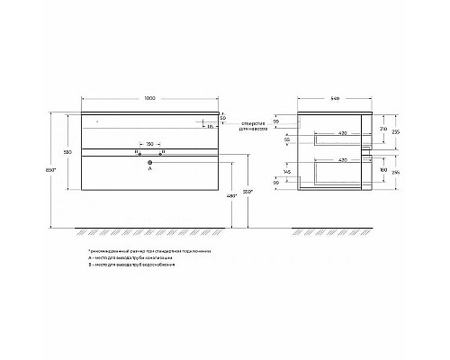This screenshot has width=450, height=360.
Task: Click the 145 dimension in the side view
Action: tap(311, 171)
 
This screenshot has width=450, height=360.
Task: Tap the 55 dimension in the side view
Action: tap(311, 139)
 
